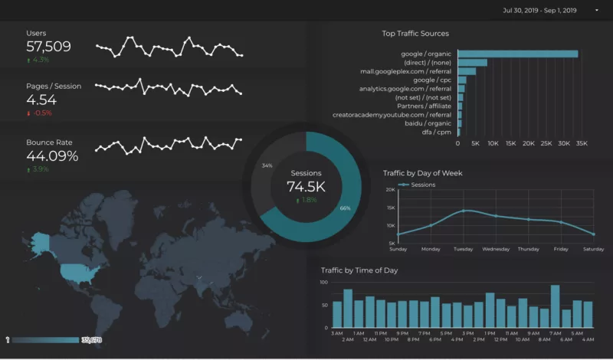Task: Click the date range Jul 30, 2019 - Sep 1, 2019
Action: (541, 11)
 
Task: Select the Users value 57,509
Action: (48, 47)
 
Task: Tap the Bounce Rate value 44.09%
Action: (52, 156)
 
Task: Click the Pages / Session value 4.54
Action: (41, 100)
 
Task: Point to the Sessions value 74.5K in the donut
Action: (306, 187)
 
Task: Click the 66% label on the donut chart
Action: (346, 208)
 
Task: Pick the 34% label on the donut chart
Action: (267, 165)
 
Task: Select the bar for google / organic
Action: (517, 54)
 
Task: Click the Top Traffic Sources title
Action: (415, 34)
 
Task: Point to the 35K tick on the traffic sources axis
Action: (581, 143)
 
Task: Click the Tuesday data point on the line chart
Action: (464, 211)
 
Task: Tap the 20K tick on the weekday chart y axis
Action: (391, 189)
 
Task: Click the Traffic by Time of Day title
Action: (359, 270)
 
